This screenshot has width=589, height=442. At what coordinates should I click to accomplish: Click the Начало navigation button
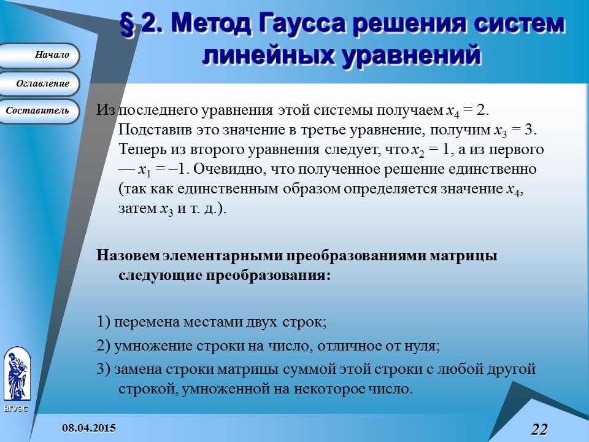click(x=39, y=55)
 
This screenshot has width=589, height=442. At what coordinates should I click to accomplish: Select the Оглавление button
click(x=39, y=83)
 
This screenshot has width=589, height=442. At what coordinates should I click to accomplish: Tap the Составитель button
click(x=39, y=111)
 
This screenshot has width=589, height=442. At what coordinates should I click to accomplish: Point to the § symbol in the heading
click(x=128, y=25)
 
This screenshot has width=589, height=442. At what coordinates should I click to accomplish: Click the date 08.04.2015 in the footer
click(x=88, y=427)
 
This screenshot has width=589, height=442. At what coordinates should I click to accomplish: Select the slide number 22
click(x=538, y=428)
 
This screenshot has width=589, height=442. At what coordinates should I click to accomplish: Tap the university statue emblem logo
click(x=16, y=374)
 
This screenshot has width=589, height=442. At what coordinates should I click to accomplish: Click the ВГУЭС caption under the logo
click(x=16, y=408)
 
